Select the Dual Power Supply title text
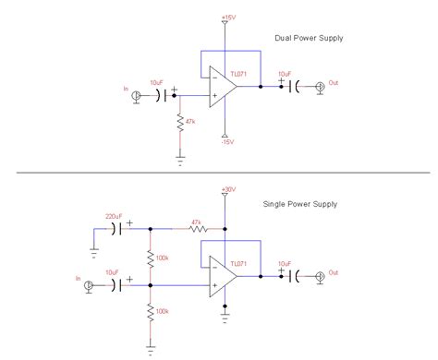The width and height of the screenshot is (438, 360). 308,38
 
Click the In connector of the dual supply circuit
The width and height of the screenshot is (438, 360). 137,96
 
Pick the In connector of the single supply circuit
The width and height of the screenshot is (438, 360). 89,286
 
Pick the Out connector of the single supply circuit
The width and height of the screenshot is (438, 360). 320,276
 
